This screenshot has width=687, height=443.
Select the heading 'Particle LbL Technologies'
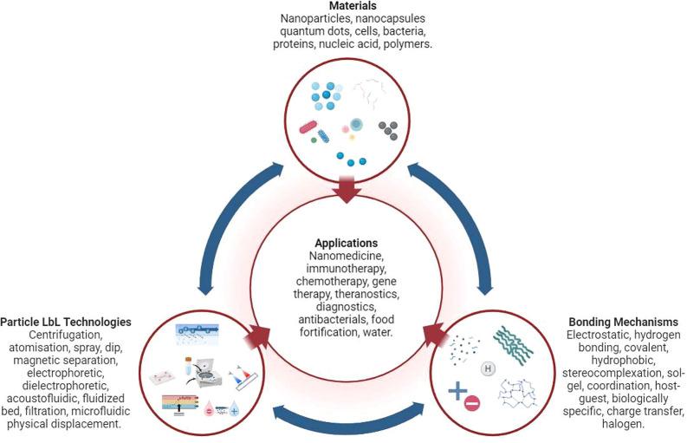point(67,322)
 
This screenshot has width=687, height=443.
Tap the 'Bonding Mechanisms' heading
point(617,322)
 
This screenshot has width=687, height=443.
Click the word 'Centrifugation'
point(67,334)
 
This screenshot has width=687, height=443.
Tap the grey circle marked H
point(488,370)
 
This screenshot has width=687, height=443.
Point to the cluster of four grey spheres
point(388,130)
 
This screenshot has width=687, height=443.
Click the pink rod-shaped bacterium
point(309,127)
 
